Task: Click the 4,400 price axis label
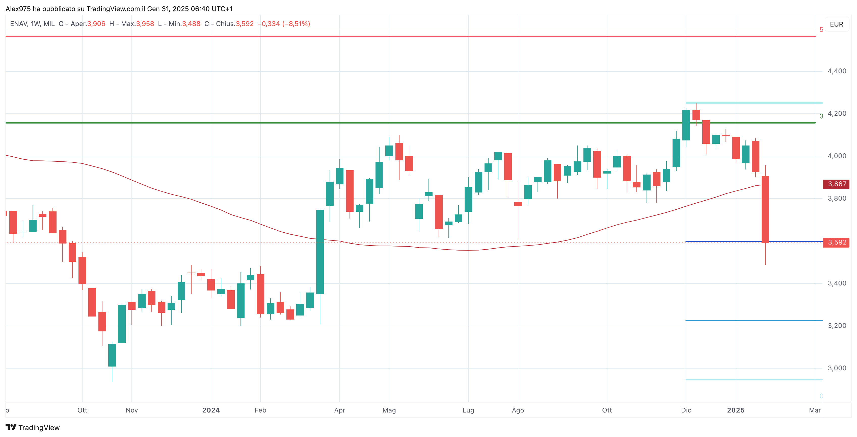[x=837, y=71]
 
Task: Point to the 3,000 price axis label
[x=837, y=368]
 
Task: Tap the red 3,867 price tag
[x=836, y=184]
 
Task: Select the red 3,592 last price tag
[x=836, y=242]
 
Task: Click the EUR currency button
[x=836, y=24]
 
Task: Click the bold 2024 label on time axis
[x=211, y=410]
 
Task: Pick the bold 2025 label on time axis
[x=736, y=410]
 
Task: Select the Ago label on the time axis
[x=518, y=410]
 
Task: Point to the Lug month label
[x=468, y=410]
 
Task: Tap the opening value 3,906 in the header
[x=96, y=24]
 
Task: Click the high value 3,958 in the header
[x=145, y=24]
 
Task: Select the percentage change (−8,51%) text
[x=296, y=24]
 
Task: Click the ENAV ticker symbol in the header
[x=18, y=24]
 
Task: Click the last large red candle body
[x=765, y=209]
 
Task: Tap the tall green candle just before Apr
[x=320, y=252]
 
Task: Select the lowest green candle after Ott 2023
[x=112, y=355]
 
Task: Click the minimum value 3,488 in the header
[x=191, y=24]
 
